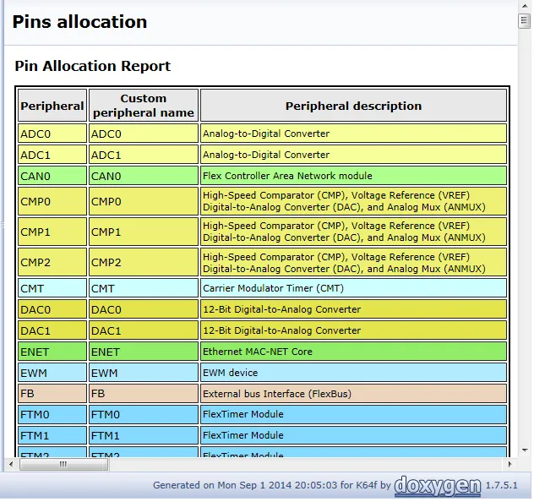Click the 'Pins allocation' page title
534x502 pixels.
pyautogui.click(x=79, y=22)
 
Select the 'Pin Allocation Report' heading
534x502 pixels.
pyautogui.click(x=92, y=66)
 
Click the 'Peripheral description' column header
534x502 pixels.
pyautogui.click(x=353, y=106)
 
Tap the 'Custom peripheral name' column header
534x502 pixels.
pyautogui.click(x=144, y=106)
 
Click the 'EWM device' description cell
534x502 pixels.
pyautogui.click(x=231, y=373)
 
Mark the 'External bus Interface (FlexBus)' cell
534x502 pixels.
pyautogui.click(x=276, y=394)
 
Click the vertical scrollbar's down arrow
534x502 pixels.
pyautogui.click(x=524, y=450)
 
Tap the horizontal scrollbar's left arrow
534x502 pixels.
pyautogui.click(x=11, y=464)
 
